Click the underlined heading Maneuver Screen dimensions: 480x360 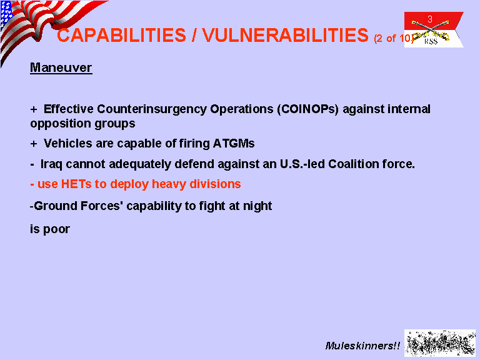(x=61, y=67)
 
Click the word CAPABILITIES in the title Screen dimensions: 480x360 (x=121, y=35)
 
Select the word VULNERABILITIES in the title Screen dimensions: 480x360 (x=285, y=35)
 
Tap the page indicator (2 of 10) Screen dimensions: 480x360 (x=394, y=38)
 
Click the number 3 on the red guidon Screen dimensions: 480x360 (x=430, y=19)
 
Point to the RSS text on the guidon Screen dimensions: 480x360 (x=431, y=41)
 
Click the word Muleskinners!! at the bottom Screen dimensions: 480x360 (x=362, y=346)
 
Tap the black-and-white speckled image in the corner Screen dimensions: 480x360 (x=440, y=343)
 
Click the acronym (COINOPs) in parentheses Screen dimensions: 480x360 (x=308, y=109)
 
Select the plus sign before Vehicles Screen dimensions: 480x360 (x=34, y=144)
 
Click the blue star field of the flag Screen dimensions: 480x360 (x=6, y=14)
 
